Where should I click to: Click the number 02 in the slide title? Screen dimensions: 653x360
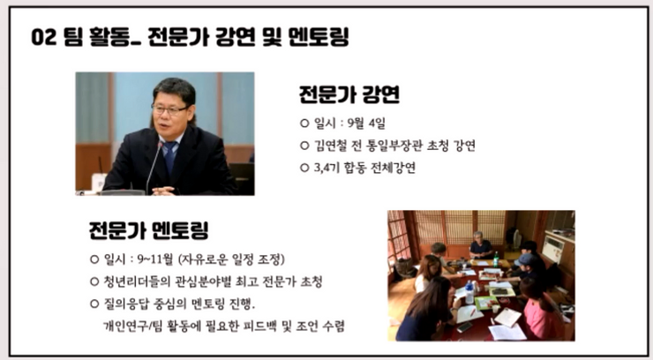(x=44, y=37)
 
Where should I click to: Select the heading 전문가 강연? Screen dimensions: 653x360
(x=349, y=94)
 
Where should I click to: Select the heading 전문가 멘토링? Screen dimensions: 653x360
(x=148, y=230)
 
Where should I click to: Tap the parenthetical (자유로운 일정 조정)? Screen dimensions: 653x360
(x=231, y=259)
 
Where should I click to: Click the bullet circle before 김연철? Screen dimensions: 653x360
(x=304, y=146)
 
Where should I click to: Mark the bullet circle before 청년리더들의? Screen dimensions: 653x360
(x=94, y=281)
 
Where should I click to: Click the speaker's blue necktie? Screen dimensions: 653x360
(x=170, y=156)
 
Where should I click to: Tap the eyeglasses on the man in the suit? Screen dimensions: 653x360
(x=169, y=110)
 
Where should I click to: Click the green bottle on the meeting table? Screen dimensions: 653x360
(x=496, y=259)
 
